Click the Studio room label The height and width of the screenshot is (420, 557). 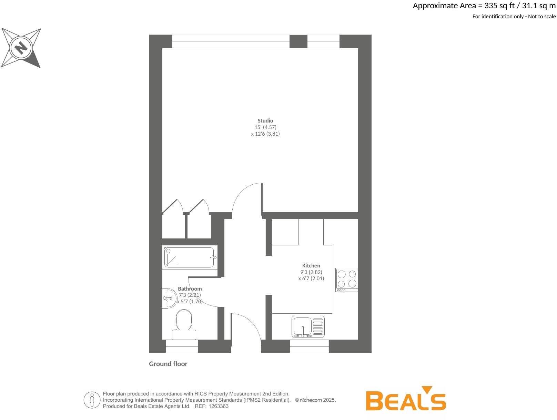point(265,121)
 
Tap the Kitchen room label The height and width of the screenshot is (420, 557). point(311,266)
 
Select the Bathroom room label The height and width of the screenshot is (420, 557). point(190,289)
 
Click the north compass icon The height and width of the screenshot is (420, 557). point(21,48)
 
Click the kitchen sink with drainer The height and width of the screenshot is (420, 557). point(308,327)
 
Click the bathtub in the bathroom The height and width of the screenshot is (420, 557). point(189,257)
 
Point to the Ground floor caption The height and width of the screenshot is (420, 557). point(168,364)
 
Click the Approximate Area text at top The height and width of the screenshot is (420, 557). point(484,6)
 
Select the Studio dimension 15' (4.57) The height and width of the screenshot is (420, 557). point(265,127)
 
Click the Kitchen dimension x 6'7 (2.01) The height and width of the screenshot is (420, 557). point(311,279)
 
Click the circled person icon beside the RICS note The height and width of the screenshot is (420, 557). point(92,400)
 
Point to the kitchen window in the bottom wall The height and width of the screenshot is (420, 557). point(309,346)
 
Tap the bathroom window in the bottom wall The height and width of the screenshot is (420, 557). point(182,346)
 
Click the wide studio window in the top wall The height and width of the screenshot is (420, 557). point(231,41)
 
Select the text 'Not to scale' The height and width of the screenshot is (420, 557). point(542,17)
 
